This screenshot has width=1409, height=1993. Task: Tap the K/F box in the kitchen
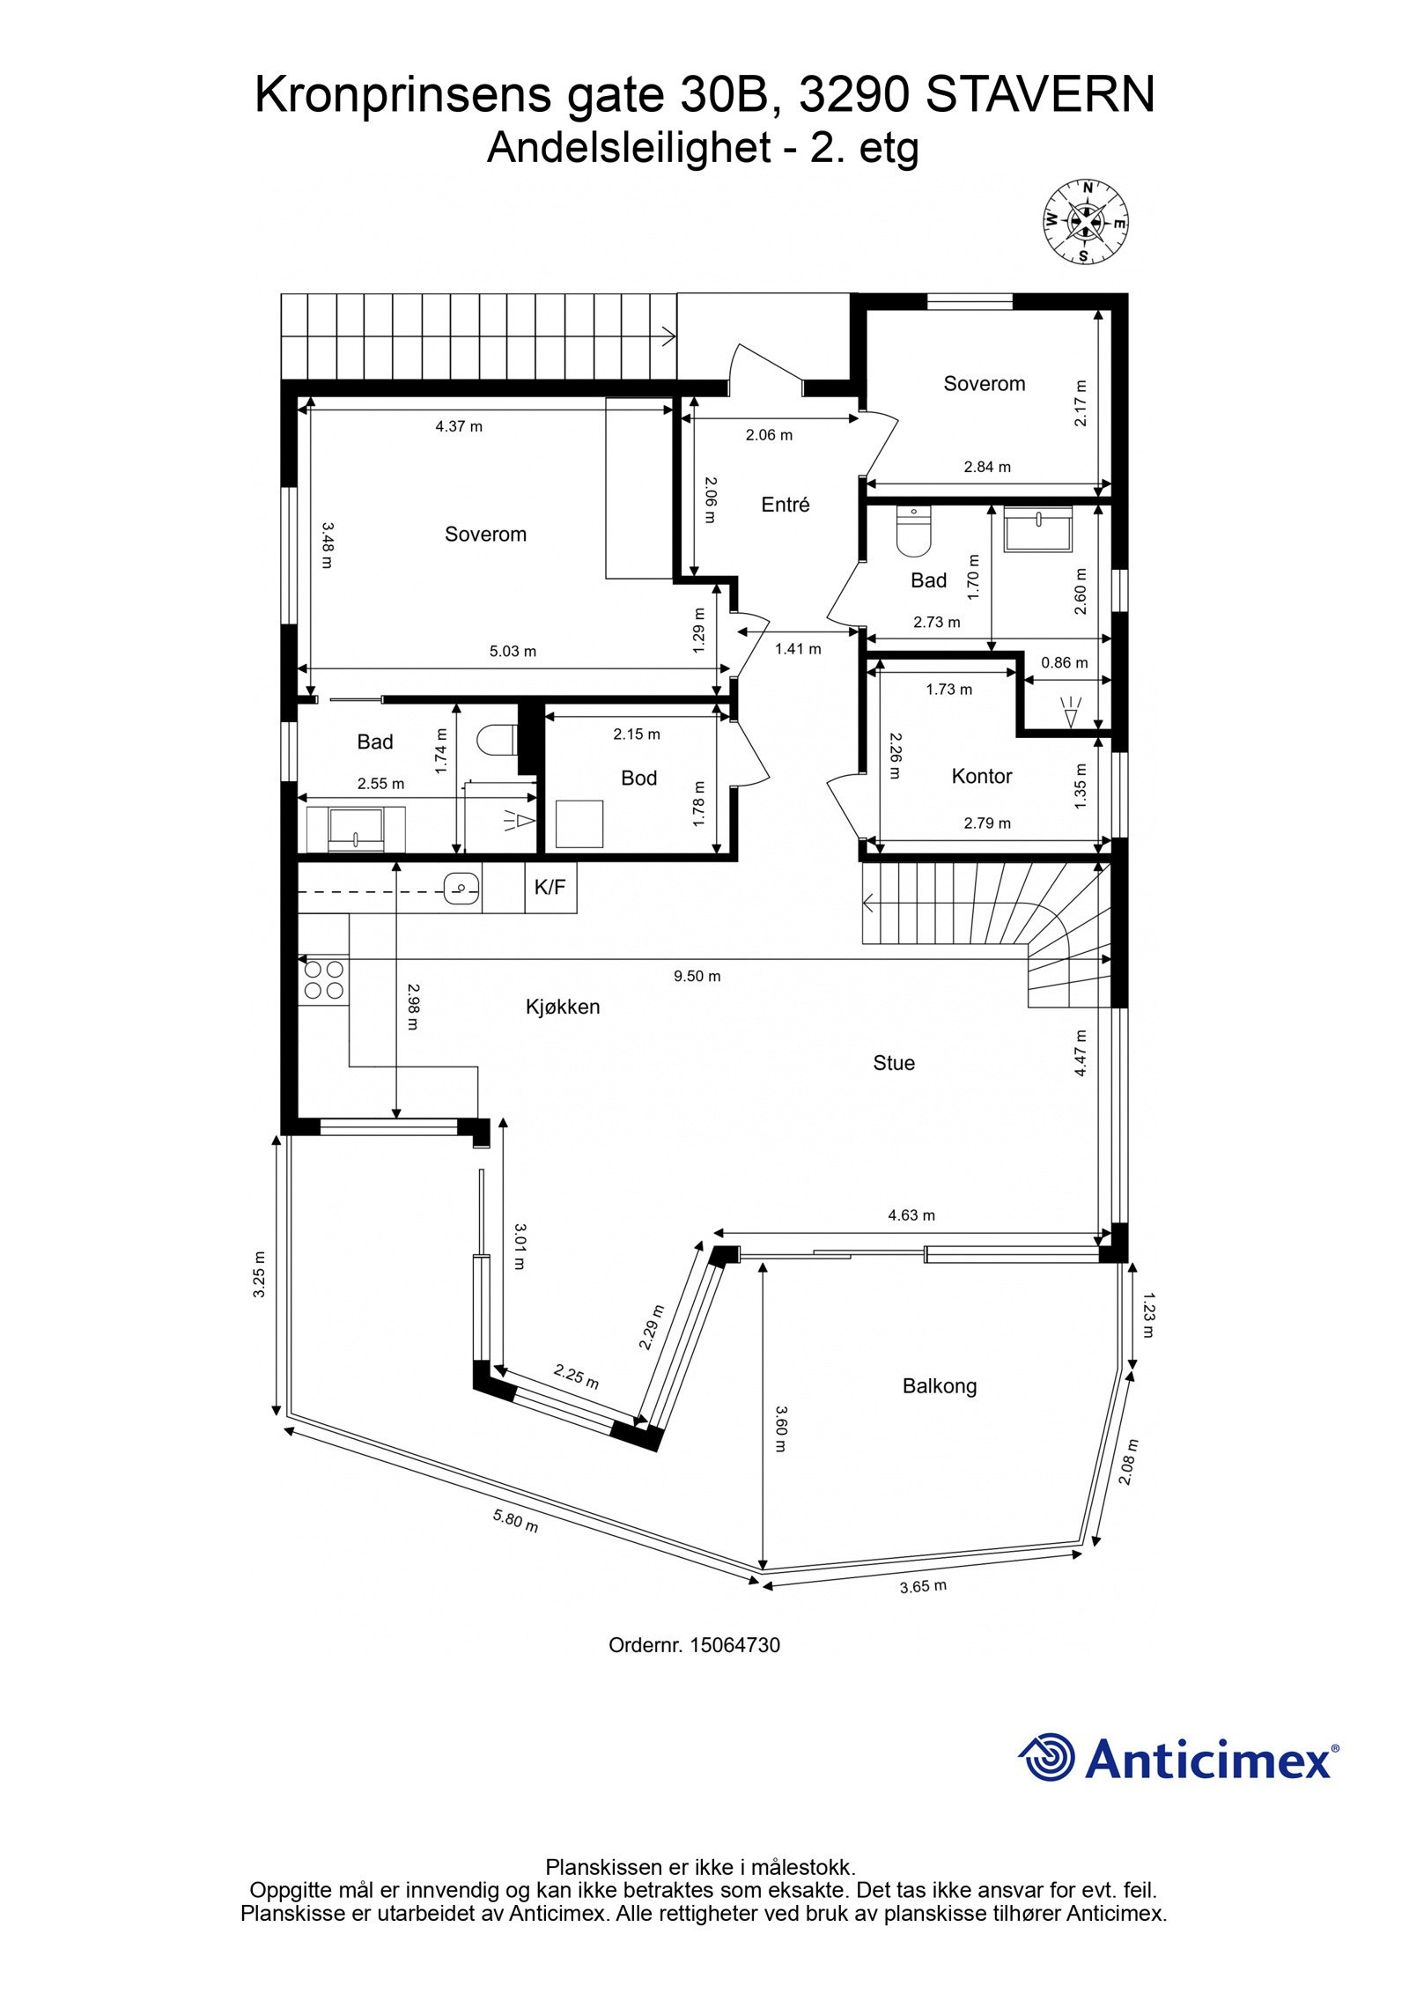click(550, 888)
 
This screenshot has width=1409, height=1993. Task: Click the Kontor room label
click(982, 776)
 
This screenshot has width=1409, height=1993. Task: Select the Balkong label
click(940, 1387)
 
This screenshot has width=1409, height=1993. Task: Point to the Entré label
click(785, 505)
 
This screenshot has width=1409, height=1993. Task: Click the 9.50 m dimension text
click(697, 976)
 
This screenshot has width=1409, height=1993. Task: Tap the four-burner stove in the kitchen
click(323, 980)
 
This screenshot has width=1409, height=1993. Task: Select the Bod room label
click(638, 778)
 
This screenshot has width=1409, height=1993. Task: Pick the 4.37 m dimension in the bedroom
click(459, 427)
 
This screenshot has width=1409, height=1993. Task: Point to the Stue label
click(894, 1063)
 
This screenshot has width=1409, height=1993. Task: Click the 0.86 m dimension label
click(1064, 663)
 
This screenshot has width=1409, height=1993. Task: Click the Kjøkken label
click(563, 1007)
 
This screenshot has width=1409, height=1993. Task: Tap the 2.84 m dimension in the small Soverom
click(987, 467)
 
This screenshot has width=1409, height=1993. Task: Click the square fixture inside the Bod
click(580, 824)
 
